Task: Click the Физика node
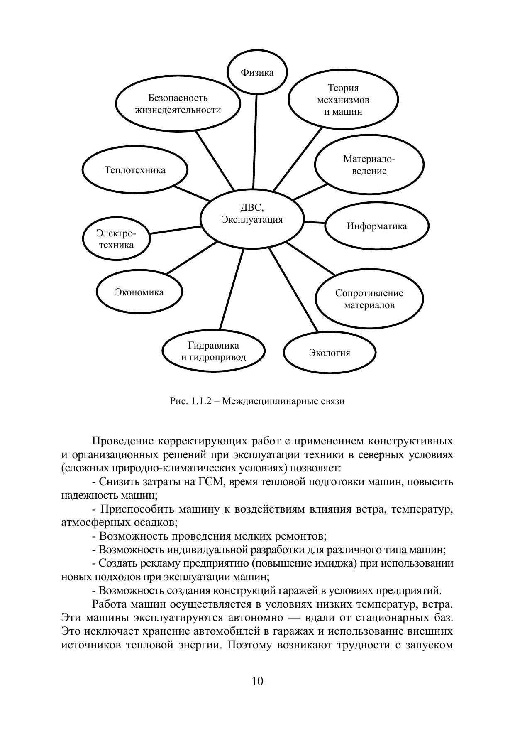click(257, 72)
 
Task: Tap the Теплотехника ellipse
click(135, 170)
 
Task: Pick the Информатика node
click(376, 226)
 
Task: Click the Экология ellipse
click(330, 353)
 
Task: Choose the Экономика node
click(139, 292)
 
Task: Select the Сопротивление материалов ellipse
click(369, 299)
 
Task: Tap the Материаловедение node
click(369, 165)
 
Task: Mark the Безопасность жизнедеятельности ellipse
click(178, 104)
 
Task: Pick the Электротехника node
click(116, 239)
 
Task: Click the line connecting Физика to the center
click(255, 141)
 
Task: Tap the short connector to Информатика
click(314, 223)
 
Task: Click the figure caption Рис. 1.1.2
click(257, 401)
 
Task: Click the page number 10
click(257, 681)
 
